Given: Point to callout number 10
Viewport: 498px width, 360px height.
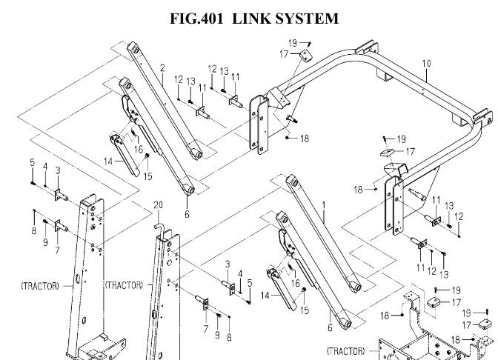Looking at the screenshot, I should pyautogui.click(x=426, y=64).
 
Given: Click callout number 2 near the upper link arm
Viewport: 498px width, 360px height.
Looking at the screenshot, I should pyautogui.click(x=162, y=68).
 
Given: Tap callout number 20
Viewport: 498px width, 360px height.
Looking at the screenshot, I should pyautogui.click(x=157, y=204).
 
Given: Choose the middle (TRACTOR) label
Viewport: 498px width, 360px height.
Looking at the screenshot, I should pyautogui.click(x=124, y=284).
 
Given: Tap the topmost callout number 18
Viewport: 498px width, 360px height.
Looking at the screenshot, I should pyautogui.click(x=305, y=139).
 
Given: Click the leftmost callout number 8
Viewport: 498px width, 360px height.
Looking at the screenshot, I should pyautogui.click(x=34, y=210).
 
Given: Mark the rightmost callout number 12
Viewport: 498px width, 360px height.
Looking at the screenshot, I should pyautogui.click(x=459, y=216).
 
